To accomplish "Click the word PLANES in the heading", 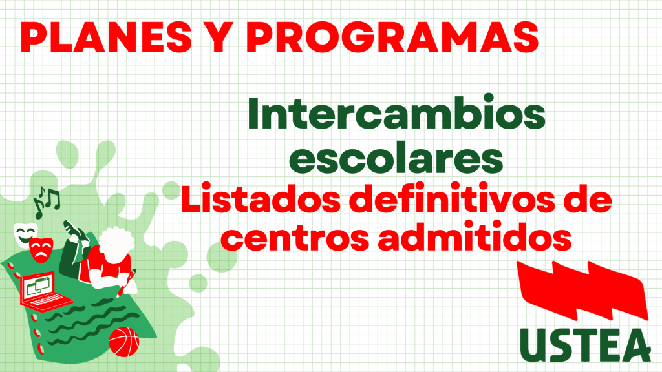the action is pyautogui.click(x=106, y=37).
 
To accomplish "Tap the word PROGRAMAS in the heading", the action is pyautogui.click(x=392, y=37).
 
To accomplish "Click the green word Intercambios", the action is pyautogui.click(x=396, y=112).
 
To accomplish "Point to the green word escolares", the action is pyautogui.click(x=396, y=159).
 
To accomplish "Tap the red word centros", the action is pyautogui.click(x=295, y=238).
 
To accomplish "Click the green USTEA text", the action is pyautogui.click(x=585, y=345).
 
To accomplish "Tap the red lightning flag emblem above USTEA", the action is pyautogui.click(x=582, y=290).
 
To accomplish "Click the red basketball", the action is pyautogui.click(x=123, y=342).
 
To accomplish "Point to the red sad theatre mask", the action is pyautogui.click(x=41, y=250).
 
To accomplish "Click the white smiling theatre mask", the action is pyautogui.click(x=25, y=234).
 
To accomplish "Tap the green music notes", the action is pyautogui.click(x=47, y=202).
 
